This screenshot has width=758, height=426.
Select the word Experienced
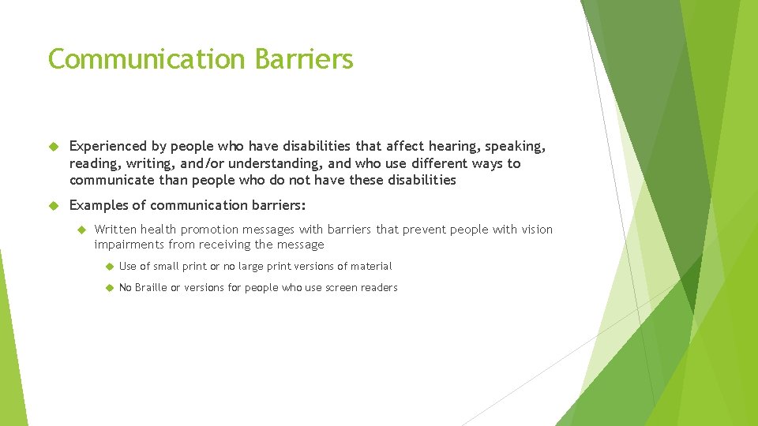[108, 146]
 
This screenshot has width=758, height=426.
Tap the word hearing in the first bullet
[453, 146]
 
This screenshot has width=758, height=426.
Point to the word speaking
[513, 146]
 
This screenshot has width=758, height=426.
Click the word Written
[115, 230]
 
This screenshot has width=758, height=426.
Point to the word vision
[535, 230]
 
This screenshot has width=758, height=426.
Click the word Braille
[151, 288]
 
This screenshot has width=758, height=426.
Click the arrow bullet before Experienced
[54, 146]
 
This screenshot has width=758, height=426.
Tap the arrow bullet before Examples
[54, 205]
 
